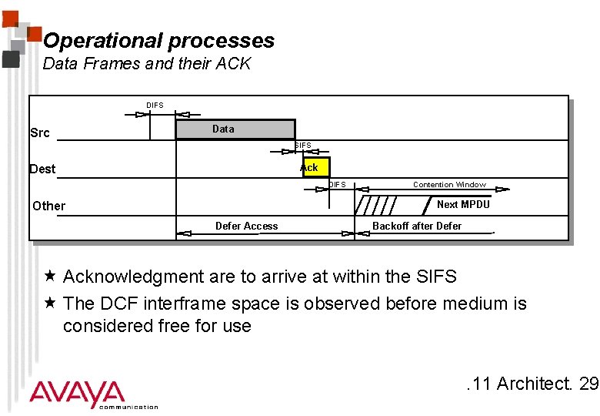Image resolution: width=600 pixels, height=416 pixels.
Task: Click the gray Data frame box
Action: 235,129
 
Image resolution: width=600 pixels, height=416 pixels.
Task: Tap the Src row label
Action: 40,133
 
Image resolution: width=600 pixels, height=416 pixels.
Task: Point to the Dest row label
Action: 42,169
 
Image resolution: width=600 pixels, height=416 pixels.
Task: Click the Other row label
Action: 49,206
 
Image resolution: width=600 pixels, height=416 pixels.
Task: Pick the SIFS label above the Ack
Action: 303,146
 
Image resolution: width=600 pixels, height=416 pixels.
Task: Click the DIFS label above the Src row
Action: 155,105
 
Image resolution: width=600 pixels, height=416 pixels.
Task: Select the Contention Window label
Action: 449,185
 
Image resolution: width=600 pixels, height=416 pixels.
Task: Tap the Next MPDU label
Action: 463,205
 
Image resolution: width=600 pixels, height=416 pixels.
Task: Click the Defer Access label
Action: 247,226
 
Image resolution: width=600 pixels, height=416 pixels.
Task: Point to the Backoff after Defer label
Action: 417,226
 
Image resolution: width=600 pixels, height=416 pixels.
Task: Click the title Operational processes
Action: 158,41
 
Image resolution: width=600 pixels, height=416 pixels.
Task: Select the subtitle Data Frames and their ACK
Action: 147,64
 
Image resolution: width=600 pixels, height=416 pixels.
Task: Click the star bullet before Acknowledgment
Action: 49,276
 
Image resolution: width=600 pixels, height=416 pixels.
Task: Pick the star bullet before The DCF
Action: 49,303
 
